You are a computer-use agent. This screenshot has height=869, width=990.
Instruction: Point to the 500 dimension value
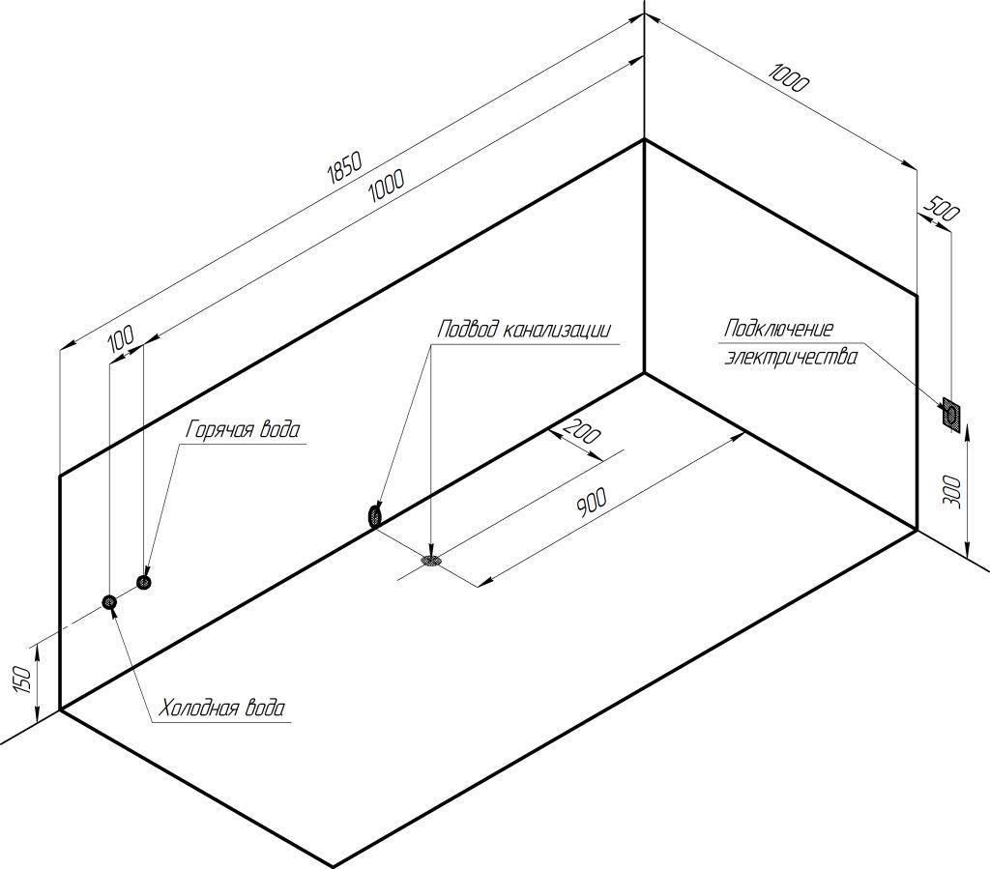pyautogui.click(x=941, y=209)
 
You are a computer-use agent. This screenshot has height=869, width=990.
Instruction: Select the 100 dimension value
pyautogui.click(x=121, y=338)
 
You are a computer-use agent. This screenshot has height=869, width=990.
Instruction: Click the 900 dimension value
pyautogui.click(x=591, y=503)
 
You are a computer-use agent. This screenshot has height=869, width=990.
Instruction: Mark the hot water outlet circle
pyautogui.click(x=144, y=582)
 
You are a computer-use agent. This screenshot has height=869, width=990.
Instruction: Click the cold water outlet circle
pyautogui.click(x=110, y=602)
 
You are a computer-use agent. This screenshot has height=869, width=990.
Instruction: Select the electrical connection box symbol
pyautogui.click(x=951, y=415)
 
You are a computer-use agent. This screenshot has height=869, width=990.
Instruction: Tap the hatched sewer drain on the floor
pyautogui.click(x=431, y=558)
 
